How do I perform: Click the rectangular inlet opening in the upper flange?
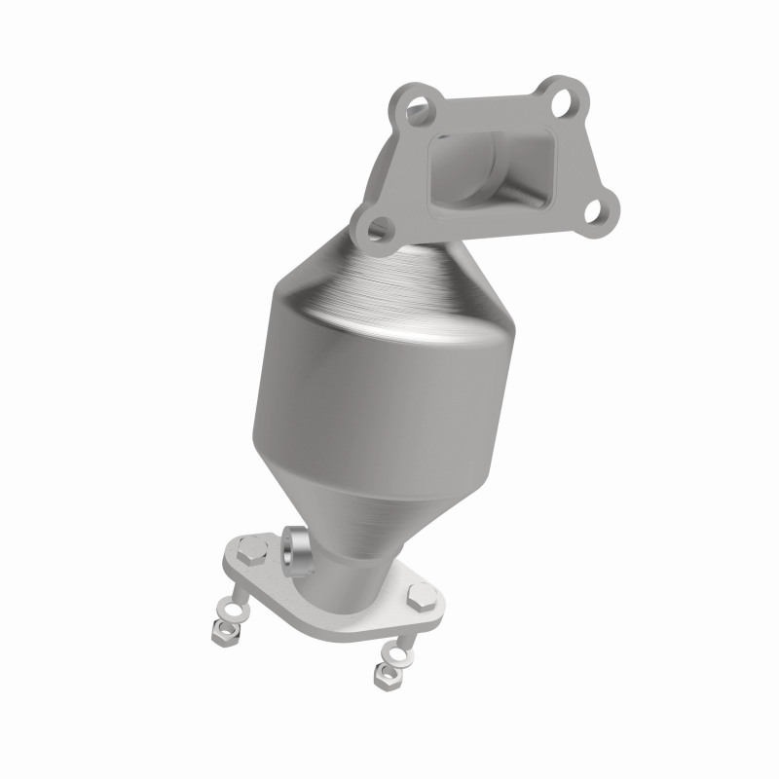[487, 166]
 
